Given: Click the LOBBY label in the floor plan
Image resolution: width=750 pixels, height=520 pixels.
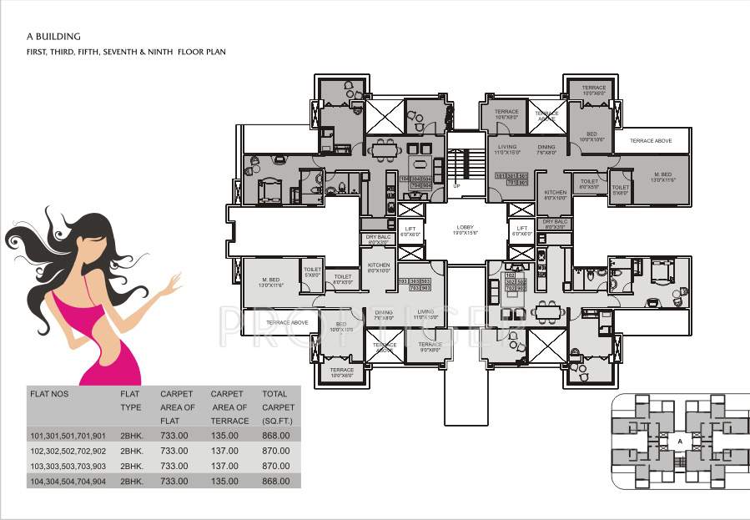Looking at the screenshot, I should pos(465,227).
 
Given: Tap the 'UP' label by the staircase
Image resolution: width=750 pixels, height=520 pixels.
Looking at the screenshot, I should pos(456,185).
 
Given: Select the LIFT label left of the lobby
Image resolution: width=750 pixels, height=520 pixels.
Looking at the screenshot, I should pos(410,228).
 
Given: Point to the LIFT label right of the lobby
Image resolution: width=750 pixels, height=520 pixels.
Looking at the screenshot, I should pos(522,228).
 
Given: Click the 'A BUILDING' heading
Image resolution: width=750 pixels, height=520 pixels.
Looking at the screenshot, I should pos(53,37).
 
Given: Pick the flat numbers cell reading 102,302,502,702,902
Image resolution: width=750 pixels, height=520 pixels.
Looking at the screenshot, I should pos(68,451).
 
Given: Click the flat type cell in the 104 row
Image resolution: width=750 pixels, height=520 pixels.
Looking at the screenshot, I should pos(132,482).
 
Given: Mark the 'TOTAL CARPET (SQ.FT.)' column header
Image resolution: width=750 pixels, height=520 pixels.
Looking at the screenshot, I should pos(274,406).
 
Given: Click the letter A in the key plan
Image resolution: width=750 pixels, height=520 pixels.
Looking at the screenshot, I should pos(680,441).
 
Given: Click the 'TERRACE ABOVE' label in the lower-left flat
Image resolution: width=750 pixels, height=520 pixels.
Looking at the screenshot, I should pos(287,322).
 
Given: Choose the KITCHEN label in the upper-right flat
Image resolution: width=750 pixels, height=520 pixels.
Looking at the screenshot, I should pos(554,195).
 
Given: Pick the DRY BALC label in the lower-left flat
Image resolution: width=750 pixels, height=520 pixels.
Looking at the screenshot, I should pos(377,239).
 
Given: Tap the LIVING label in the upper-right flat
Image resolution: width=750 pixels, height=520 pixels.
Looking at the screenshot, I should pos(507,149).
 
